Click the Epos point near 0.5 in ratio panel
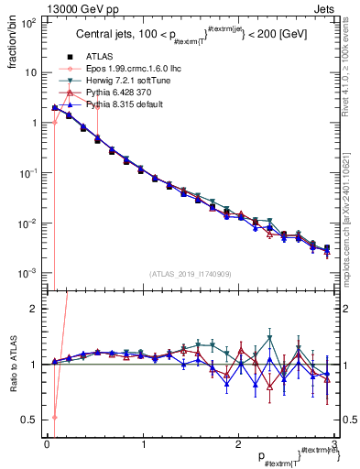click(x=55, y=417)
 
